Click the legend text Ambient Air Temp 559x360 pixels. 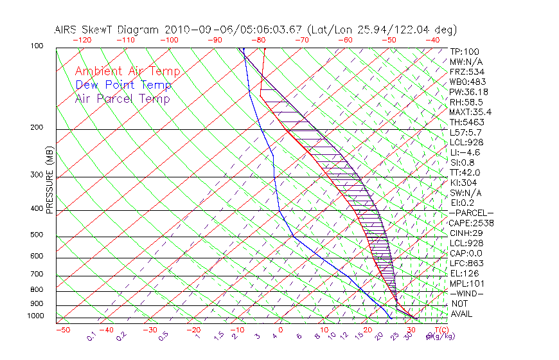(127, 71)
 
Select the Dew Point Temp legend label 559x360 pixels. (123, 85)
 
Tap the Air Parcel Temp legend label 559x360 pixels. (122, 98)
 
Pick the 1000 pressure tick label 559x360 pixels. (36, 316)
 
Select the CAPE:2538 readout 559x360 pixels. (471, 223)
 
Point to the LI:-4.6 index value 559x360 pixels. (465, 152)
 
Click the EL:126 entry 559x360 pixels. (464, 273)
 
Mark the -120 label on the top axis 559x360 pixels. (82, 40)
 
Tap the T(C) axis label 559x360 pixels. (441, 330)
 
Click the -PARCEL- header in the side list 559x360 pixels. (471, 213)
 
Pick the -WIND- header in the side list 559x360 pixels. (467, 293)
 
